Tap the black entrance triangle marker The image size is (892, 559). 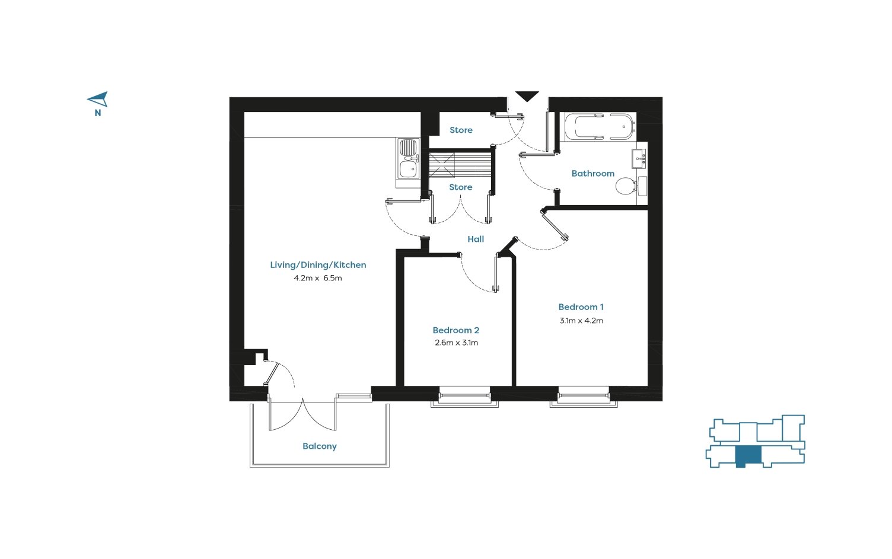pos(527,96)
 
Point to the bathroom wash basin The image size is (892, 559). pos(639,159)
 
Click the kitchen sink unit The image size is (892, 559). pos(408,158)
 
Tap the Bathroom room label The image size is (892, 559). pos(592,174)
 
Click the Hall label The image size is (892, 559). pos(476,239)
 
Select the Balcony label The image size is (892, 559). pos(319,446)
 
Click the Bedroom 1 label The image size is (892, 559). pos(581,307)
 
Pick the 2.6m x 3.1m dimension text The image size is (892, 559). pos(456,343)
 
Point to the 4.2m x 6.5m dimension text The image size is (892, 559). pos(318,278)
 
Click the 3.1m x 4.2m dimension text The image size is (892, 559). pos(581,321)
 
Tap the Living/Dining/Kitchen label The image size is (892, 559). pos(318,265)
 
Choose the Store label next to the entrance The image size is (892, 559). pos(461,130)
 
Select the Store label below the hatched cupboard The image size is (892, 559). pos(460,187)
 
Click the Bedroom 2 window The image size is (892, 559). pos(464,397)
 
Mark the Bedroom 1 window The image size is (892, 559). pos(584,397)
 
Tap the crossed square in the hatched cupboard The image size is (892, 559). pos(442,164)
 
